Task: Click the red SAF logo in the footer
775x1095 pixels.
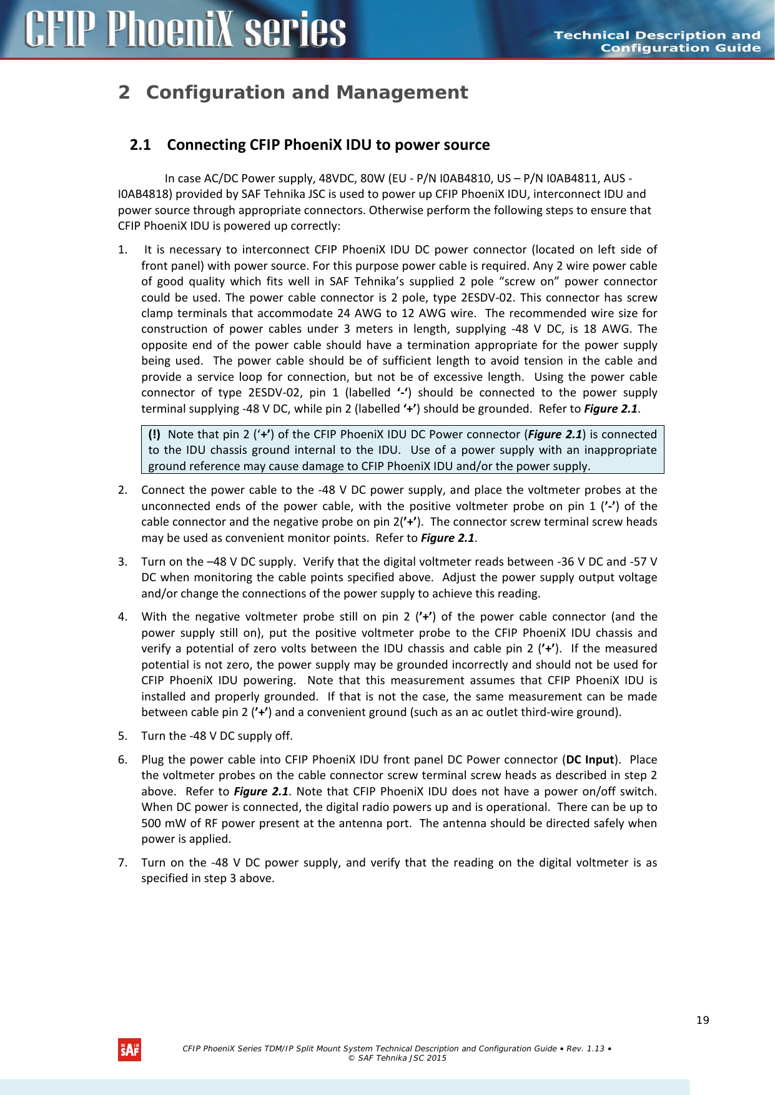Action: pyautogui.click(x=129, y=1049)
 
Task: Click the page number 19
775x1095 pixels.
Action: pyautogui.click(x=703, y=1020)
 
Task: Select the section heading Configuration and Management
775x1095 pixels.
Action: pyautogui.click(x=307, y=92)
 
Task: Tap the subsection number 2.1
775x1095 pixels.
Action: pyautogui.click(x=141, y=145)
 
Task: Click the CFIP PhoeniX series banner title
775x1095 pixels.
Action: pyautogui.click(x=185, y=30)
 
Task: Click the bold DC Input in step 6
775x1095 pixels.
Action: pyautogui.click(x=590, y=760)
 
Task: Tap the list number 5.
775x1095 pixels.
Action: pyautogui.click(x=122, y=736)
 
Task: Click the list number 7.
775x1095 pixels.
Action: pyautogui.click(x=122, y=863)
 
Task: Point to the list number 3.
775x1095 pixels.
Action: pyautogui.click(x=122, y=562)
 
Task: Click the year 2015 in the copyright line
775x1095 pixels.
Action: pyautogui.click(x=436, y=1058)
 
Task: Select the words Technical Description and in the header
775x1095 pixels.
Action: pyautogui.click(x=657, y=36)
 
